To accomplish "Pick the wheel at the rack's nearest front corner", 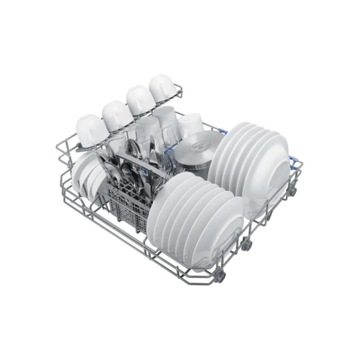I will click(221, 276).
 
